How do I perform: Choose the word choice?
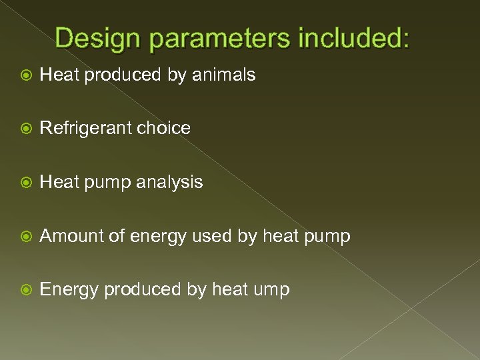point(163,128)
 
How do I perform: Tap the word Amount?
point(71,236)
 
